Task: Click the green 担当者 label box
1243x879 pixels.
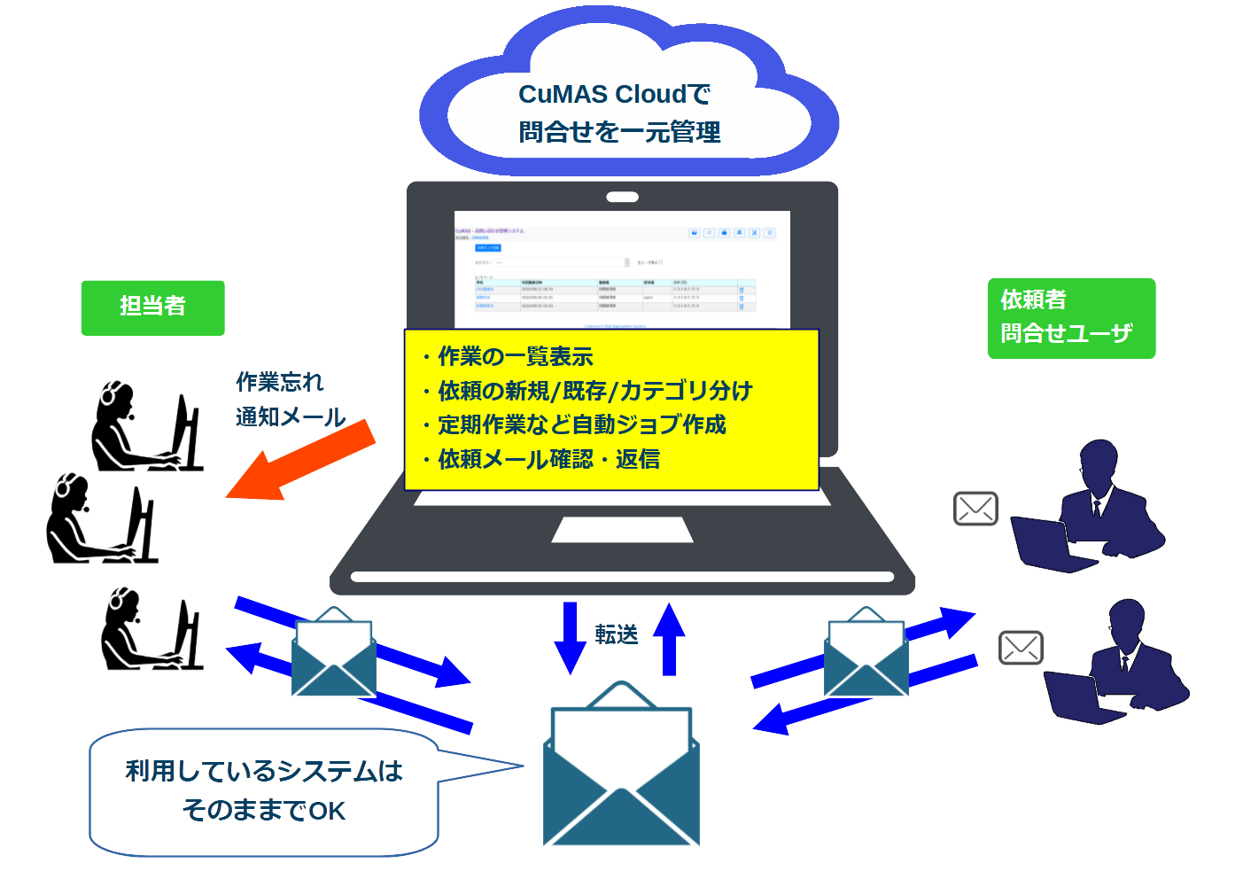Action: (x=152, y=307)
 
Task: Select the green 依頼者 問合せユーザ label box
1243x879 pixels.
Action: (x=1070, y=318)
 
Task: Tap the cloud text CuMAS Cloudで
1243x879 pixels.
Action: (x=615, y=94)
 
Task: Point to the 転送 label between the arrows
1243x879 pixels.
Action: (x=617, y=634)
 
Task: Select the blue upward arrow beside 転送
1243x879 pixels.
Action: (x=669, y=638)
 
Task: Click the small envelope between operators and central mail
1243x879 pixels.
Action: (x=334, y=653)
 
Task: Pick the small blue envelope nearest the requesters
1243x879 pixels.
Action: (x=866, y=653)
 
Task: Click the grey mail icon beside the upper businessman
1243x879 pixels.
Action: (x=975, y=509)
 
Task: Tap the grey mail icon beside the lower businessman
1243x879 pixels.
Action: (x=1021, y=648)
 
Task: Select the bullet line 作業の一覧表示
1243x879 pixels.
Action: (x=515, y=356)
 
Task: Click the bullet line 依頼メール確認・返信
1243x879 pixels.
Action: (x=548, y=459)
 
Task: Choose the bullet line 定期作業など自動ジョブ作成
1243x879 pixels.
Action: (x=581, y=424)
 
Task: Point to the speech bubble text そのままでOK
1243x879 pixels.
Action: (x=263, y=810)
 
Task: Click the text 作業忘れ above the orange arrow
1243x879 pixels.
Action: (x=280, y=382)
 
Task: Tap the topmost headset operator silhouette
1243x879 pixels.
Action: (x=146, y=427)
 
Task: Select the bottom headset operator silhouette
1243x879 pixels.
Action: (x=151, y=629)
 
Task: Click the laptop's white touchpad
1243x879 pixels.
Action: (x=622, y=530)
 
